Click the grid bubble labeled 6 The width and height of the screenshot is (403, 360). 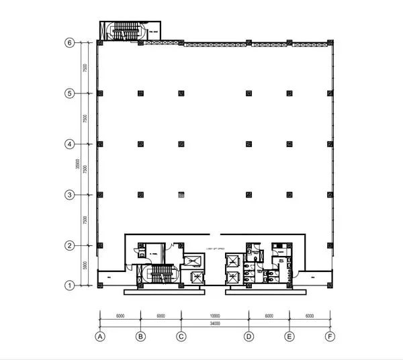(x=69, y=42)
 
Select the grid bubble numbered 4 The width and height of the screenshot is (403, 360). (x=69, y=144)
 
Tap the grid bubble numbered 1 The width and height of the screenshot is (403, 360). (x=69, y=285)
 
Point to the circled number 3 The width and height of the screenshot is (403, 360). (x=69, y=195)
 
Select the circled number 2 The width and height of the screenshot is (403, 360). (x=69, y=245)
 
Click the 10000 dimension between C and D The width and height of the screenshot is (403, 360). (x=214, y=314)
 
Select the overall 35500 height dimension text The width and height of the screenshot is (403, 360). (x=78, y=163)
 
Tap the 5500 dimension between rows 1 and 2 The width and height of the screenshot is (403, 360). (x=85, y=265)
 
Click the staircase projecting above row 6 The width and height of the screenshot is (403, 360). (x=123, y=30)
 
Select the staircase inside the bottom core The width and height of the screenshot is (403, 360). (x=161, y=273)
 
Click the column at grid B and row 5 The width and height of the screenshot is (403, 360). (x=140, y=93)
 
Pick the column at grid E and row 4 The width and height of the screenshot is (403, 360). (x=289, y=144)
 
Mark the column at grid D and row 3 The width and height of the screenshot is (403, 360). (x=249, y=195)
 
